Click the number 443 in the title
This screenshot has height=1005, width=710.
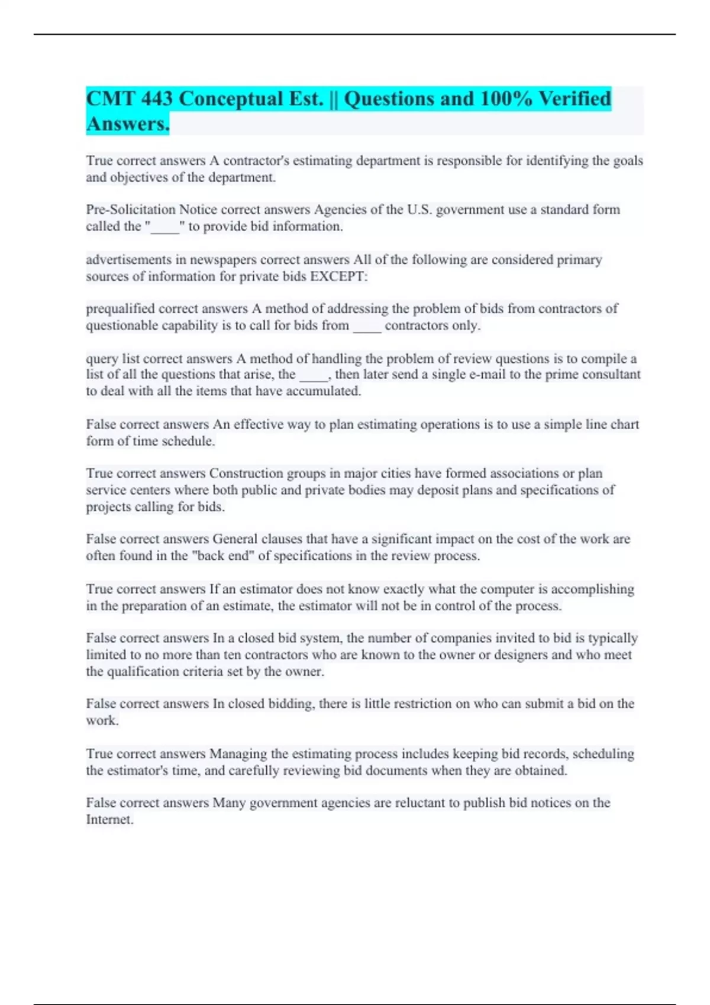[x=156, y=99]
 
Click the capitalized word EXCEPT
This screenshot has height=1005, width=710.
[x=337, y=277]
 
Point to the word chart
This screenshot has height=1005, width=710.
[x=625, y=424]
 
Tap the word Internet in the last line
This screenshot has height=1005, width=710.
[x=109, y=820]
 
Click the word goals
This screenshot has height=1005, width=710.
[x=627, y=161]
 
